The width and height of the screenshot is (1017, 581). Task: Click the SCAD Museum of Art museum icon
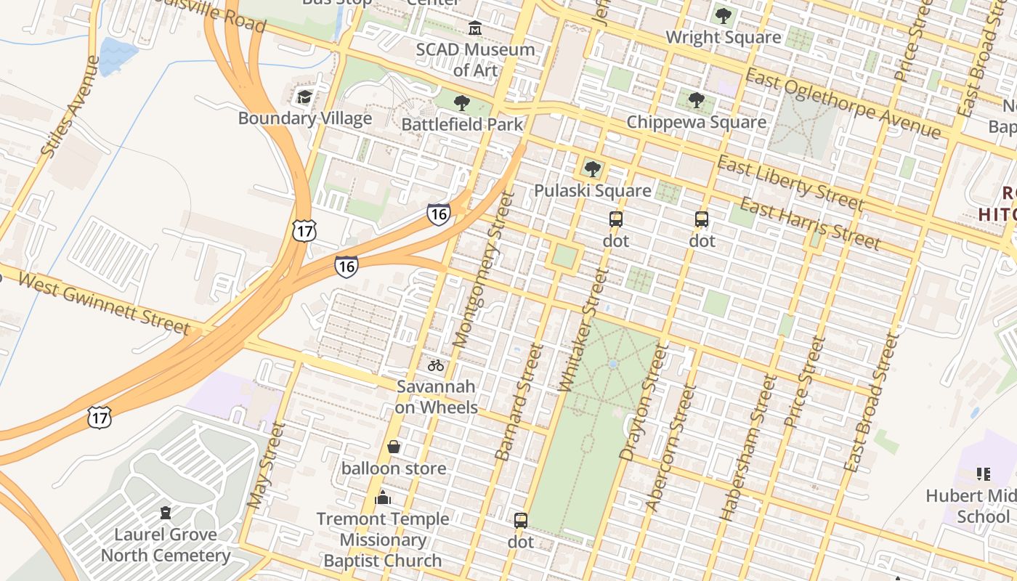[475, 28]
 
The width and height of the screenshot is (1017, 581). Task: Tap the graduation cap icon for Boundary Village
[304, 97]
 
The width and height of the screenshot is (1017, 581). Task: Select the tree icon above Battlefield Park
[461, 103]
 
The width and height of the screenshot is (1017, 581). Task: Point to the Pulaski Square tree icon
[593, 169]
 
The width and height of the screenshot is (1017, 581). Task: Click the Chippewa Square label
[696, 122]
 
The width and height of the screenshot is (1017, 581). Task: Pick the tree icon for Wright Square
[723, 15]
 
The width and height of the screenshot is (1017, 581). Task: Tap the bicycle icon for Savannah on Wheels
[436, 365]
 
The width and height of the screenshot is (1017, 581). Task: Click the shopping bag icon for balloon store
[394, 447]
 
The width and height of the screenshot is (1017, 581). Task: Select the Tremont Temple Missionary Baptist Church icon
[383, 497]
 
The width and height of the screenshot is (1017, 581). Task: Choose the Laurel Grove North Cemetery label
[166, 545]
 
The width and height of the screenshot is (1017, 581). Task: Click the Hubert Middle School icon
[984, 474]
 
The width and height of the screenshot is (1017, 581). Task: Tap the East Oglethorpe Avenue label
[843, 104]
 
